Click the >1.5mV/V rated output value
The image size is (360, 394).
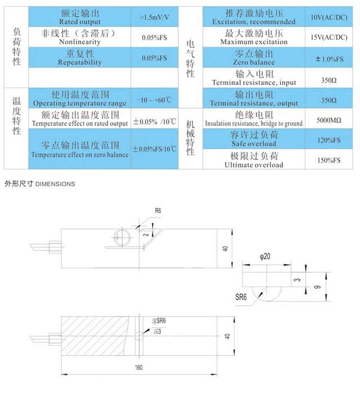pyautogui.click(x=154, y=17)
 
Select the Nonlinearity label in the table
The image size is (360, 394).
pyautogui.click(x=80, y=42)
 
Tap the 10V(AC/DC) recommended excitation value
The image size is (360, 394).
pyautogui.click(x=329, y=17)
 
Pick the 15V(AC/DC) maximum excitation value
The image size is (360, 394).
pyautogui.click(x=329, y=38)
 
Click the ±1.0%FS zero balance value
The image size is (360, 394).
pyautogui.click(x=329, y=59)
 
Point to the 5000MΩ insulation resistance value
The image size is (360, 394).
pyautogui.click(x=329, y=120)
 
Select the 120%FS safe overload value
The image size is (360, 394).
pyautogui.click(x=329, y=140)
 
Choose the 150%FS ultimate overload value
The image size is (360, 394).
pyautogui.click(x=329, y=160)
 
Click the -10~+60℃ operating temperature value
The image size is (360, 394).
pyautogui.click(x=154, y=100)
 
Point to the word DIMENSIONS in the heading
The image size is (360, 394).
pyautogui.click(x=55, y=184)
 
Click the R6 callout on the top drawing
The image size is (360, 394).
pyautogui.click(x=158, y=211)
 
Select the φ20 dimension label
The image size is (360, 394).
pyautogui.click(x=265, y=256)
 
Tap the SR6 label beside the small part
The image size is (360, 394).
pyautogui.click(x=241, y=297)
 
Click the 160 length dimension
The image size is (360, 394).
pyautogui.click(x=138, y=368)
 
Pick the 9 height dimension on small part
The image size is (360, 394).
pyautogui.click(x=318, y=287)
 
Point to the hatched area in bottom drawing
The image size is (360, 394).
pyautogui.click(x=94, y=336)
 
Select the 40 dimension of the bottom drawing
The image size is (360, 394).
pyautogui.click(x=227, y=336)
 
